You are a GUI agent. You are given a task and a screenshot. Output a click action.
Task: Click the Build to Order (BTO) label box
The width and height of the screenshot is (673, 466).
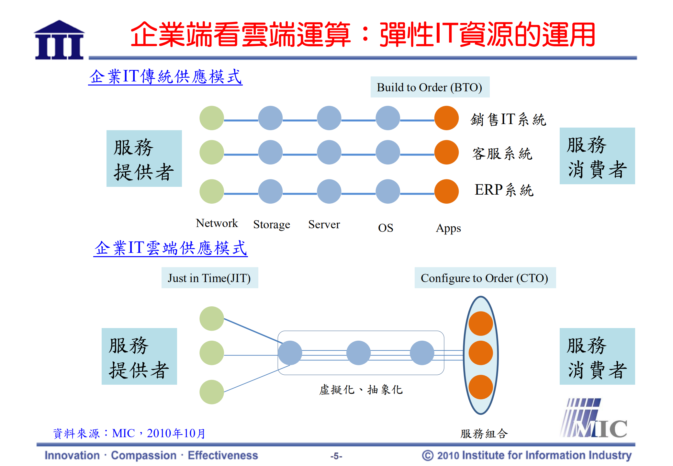click(430, 87)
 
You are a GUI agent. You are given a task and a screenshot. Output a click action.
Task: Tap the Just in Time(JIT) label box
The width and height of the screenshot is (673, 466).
click(209, 278)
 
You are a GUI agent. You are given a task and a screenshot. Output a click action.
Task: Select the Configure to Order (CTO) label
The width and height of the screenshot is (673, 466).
click(485, 278)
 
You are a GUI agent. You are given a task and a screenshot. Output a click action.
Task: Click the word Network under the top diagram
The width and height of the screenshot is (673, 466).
click(217, 223)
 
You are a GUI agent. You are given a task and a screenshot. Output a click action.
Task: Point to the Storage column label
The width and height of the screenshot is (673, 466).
click(272, 224)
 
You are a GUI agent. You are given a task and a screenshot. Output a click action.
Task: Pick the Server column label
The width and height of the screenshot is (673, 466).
click(324, 224)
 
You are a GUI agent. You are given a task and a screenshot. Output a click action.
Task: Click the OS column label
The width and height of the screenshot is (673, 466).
click(386, 228)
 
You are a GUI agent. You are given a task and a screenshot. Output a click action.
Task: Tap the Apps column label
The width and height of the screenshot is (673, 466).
click(448, 228)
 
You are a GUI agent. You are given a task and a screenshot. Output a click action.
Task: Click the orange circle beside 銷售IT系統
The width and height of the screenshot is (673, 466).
click(446, 118)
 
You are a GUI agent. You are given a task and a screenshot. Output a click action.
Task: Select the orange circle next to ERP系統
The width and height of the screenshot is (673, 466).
click(446, 191)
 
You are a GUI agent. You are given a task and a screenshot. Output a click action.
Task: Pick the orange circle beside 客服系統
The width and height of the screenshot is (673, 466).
click(446, 152)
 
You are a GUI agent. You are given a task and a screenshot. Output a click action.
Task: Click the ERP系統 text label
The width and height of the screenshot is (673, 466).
click(504, 190)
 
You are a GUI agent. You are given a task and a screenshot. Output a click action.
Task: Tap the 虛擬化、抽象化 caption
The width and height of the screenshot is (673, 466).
click(361, 390)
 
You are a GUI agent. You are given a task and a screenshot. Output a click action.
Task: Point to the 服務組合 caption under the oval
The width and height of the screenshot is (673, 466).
click(484, 433)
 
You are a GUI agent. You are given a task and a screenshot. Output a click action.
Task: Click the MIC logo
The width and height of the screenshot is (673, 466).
click(594, 418)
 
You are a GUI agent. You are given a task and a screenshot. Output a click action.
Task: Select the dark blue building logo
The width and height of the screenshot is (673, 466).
click(59, 40)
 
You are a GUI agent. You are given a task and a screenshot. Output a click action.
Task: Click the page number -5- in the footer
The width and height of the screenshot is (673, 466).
click(336, 456)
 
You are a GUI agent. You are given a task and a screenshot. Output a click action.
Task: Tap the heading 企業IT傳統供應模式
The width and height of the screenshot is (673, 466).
click(165, 77)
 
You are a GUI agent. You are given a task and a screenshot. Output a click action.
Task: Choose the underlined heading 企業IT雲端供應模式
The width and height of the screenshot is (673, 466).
click(171, 248)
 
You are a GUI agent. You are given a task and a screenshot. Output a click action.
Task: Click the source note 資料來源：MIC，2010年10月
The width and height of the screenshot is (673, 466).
click(129, 433)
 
